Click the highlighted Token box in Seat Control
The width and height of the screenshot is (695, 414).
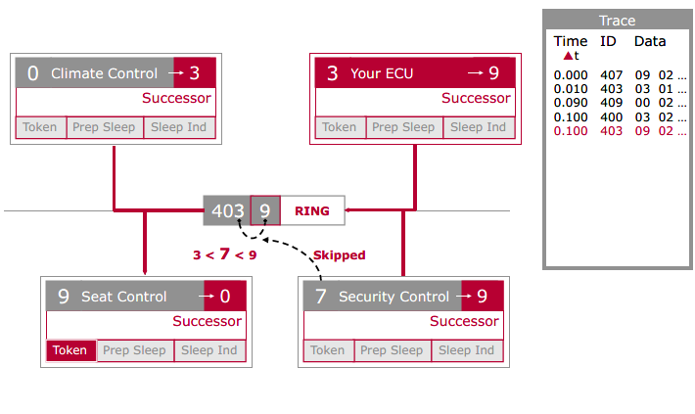(x=70, y=350)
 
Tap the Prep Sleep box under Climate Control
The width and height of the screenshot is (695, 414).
(x=105, y=127)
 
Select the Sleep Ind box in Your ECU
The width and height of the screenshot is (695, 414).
(x=478, y=127)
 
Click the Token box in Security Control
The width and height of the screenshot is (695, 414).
(x=328, y=350)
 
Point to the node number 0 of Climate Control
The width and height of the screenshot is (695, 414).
(x=33, y=73)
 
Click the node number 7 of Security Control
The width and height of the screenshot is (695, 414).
(x=320, y=297)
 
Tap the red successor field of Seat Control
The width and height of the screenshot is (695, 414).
(x=224, y=297)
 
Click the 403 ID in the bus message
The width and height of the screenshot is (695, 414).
(x=227, y=210)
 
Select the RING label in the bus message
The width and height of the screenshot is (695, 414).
(x=312, y=210)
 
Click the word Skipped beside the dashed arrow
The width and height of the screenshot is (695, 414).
(x=339, y=255)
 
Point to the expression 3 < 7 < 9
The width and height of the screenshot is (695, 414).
(x=224, y=255)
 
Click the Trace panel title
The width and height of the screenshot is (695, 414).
(x=617, y=21)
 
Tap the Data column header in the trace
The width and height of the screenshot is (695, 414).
(x=650, y=41)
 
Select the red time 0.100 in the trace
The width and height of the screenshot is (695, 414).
(x=571, y=131)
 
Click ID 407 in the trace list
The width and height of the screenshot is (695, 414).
(x=611, y=74)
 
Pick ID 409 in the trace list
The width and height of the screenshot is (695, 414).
(x=611, y=103)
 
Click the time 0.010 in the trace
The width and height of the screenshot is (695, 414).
(x=571, y=88)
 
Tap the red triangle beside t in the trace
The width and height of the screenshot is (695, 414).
(x=568, y=56)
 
